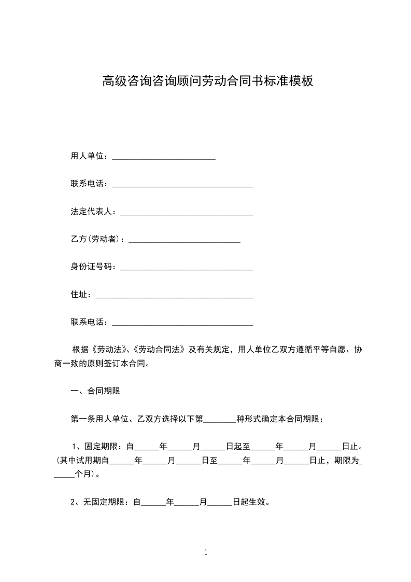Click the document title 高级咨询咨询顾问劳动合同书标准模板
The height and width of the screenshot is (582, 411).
pos(207,81)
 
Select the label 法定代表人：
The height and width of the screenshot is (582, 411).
pos(95,212)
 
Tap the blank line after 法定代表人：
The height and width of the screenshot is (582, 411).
pos(186,213)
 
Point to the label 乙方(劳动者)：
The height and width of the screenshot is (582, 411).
pos(99,239)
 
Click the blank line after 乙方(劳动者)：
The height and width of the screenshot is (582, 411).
pos(184,241)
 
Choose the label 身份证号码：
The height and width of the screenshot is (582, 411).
pos(95,267)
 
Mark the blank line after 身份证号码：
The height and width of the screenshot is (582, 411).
pos(186,269)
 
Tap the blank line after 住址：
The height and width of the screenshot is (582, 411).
pos(174,297)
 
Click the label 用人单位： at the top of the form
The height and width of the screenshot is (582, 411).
pos(91,156)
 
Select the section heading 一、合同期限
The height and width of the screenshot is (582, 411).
pos(95,391)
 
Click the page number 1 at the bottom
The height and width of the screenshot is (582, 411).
pos(206,553)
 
